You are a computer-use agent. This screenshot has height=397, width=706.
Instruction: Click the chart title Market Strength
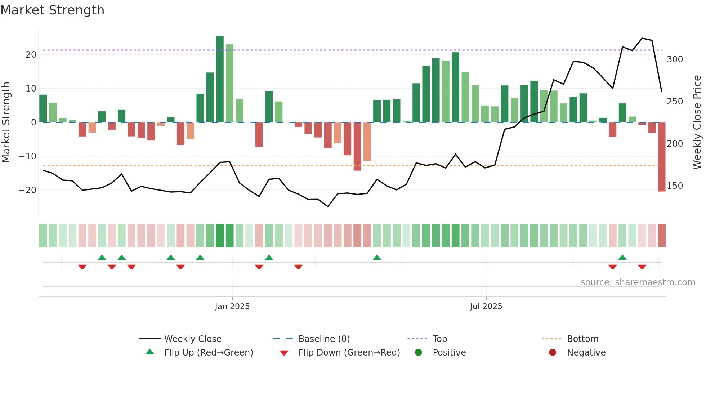[53, 10]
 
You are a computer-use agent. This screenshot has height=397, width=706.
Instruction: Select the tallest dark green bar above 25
[220, 79]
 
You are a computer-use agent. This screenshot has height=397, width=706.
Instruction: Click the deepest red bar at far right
[661, 157]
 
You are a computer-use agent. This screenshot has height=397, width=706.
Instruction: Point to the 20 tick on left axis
[31, 55]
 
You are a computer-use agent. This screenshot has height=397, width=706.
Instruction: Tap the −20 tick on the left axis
[28, 190]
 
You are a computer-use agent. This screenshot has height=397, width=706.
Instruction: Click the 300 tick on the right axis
[675, 59]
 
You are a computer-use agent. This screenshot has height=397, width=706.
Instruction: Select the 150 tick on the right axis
[675, 186]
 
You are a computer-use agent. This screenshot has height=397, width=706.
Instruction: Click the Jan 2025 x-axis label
[232, 307]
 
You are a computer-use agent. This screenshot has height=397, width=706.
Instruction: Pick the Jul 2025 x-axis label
[486, 307]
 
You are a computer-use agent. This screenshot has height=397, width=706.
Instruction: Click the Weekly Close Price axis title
[697, 122]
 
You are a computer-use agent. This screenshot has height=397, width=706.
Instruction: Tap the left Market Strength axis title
[6, 122]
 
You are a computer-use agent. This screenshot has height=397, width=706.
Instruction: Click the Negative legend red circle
[553, 353]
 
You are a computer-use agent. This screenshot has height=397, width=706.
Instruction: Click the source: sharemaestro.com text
[638, 282]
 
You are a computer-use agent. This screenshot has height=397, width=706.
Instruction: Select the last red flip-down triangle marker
[642, 267]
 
